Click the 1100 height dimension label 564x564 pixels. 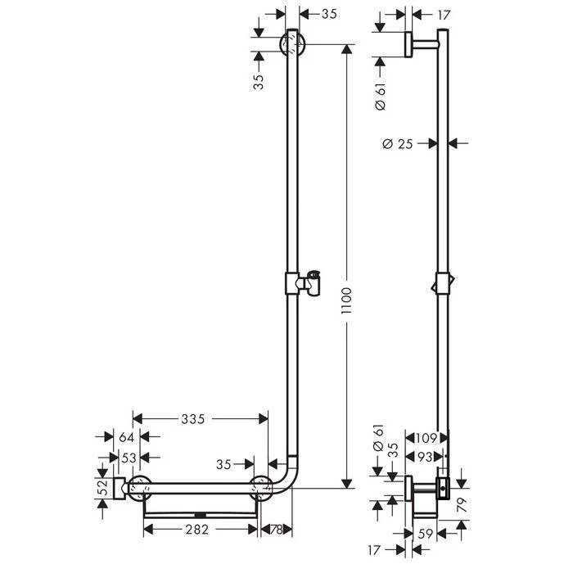[x=346, y=300]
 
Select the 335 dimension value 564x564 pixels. [x=193, y=419]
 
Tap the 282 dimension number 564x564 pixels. [x=196, y=529]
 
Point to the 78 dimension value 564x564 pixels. [x=276, y=530]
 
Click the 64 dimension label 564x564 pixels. [x=126, y=437]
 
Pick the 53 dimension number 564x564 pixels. [x=129, y=458]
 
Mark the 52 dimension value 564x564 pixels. [x=103, y=488]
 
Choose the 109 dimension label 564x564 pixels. [x=426, y=438]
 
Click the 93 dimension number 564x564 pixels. [x=425, y=457]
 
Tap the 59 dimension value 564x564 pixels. [x=425, y=534]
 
